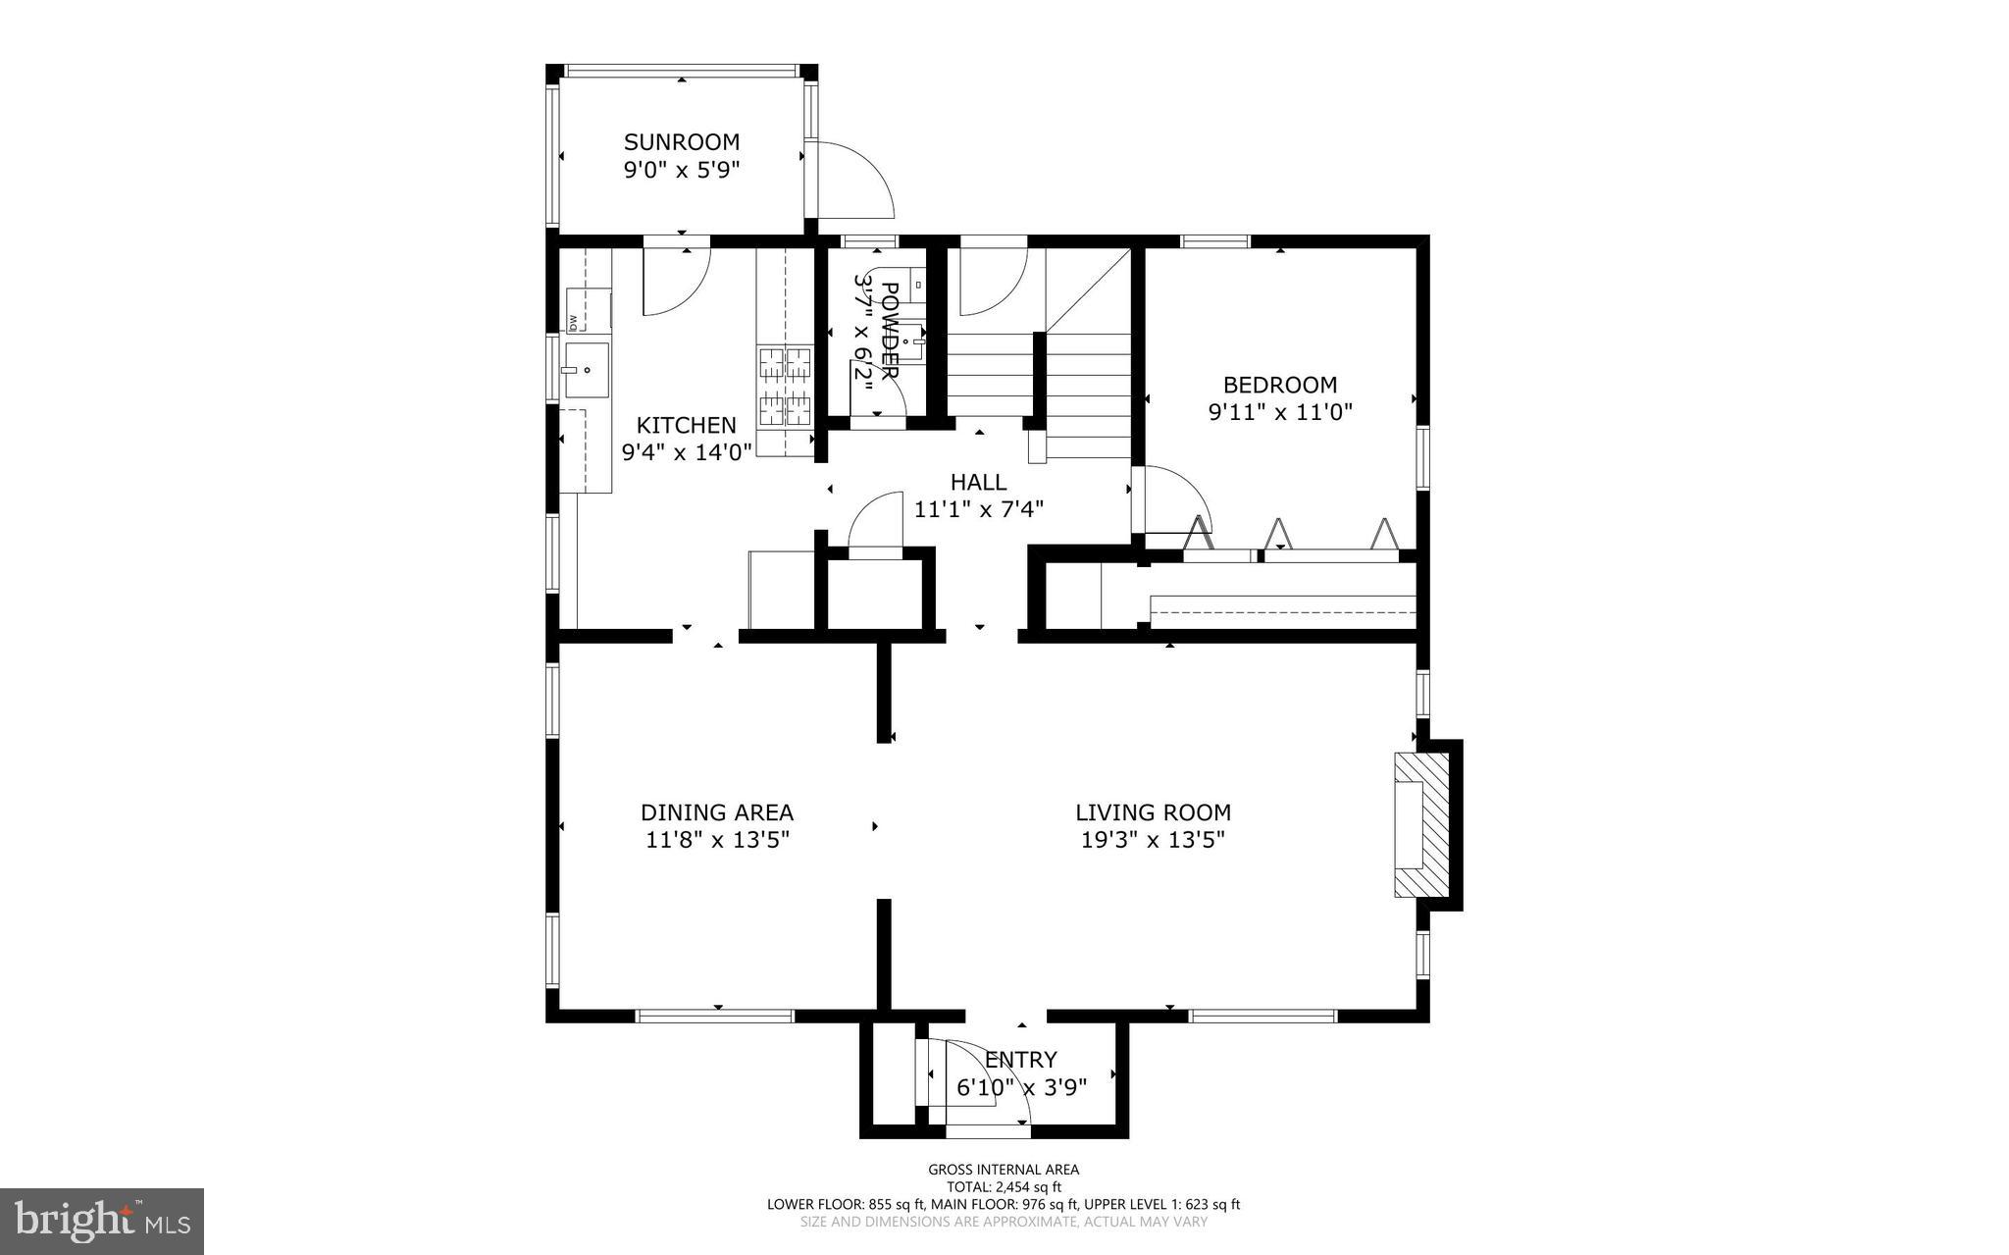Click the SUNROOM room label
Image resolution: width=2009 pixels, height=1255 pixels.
click(x=682, y=142)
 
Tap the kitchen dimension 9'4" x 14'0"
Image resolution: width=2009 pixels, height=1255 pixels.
click(x=687, y=452)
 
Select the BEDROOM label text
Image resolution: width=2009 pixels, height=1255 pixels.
click(x=1279, y=385)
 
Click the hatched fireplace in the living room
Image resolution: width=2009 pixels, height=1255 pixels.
click(x=1423, y=824)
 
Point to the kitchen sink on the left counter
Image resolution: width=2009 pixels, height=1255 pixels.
click(x=586, y=370)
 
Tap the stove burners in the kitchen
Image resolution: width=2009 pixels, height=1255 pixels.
click(x=786, y=389)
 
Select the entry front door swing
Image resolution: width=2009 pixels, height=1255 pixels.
click(x=986, y=1079)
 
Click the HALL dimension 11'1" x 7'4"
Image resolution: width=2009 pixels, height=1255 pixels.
click(x=978, y=509)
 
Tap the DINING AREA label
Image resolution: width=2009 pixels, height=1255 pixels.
click(x=716, y=812)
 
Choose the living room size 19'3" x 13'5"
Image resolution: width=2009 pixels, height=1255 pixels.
click(x=1153, y=840)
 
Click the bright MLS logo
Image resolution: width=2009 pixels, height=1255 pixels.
click(x=101, y=1222)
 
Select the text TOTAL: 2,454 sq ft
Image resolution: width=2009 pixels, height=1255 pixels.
click(x=1004, y=1186)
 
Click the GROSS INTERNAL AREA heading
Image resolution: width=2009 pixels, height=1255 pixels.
click(x=1004, y=1169)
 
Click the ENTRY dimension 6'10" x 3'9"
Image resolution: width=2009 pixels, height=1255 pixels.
click(x=1021, y=1087)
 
